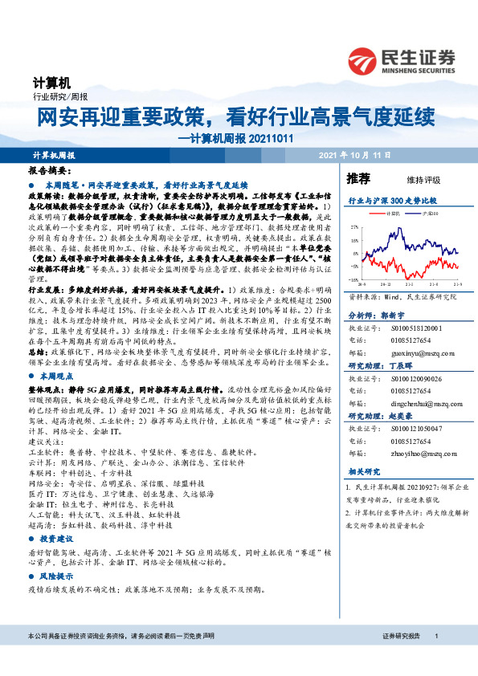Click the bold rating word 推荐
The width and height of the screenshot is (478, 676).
coord(357,177)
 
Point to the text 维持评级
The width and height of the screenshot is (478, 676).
coord(413,179)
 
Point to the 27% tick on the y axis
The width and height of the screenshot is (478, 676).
coord(354,228)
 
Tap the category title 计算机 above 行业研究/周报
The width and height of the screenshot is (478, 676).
coord(51,83)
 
